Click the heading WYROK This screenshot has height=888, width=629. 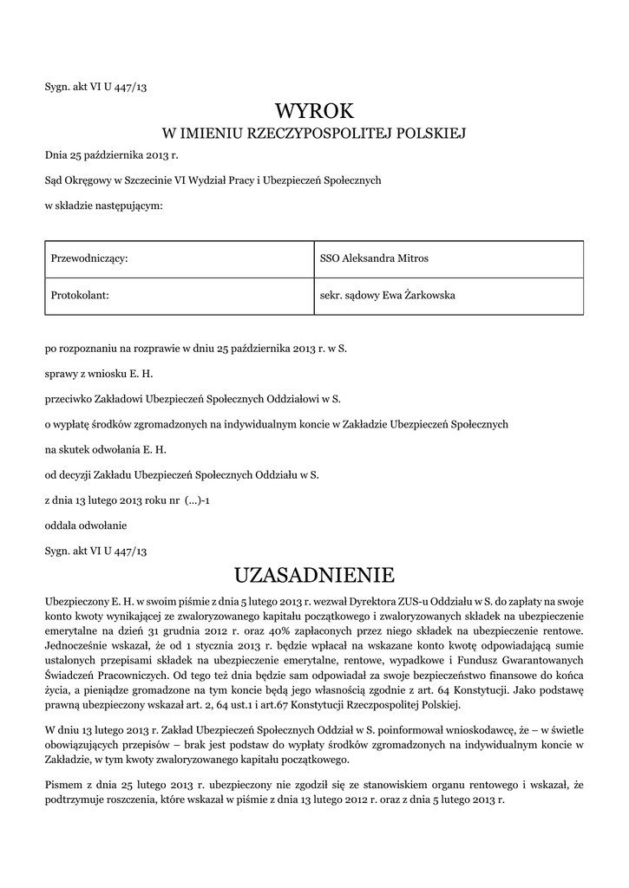point(315,111)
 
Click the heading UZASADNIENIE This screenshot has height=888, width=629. point(315,575)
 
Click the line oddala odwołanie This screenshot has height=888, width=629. point(86,526)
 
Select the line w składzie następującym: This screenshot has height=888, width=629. point(103,206)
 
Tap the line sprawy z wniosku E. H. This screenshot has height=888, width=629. point(104,375)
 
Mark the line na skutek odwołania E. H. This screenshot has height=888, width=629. point(105,450)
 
